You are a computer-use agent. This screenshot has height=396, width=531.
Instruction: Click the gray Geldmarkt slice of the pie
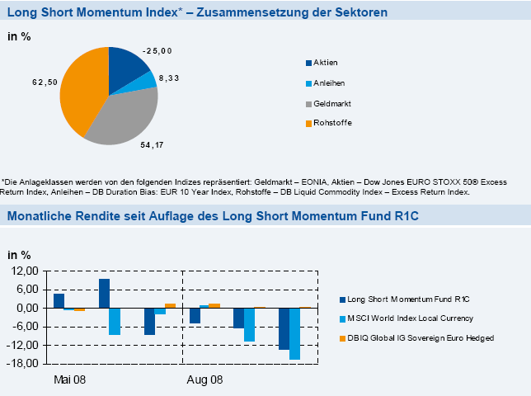click(124, 115)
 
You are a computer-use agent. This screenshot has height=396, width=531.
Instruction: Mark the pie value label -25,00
click(157, 51)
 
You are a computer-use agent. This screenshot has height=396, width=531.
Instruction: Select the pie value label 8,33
click(169, 78)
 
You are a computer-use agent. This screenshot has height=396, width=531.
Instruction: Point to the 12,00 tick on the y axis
click(25, 271)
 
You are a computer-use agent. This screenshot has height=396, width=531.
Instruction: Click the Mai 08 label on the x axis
click(70, 380)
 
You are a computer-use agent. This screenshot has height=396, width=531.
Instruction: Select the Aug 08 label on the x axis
click(204, 380)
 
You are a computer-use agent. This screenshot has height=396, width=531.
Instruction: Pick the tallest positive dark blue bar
click(104, 293)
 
